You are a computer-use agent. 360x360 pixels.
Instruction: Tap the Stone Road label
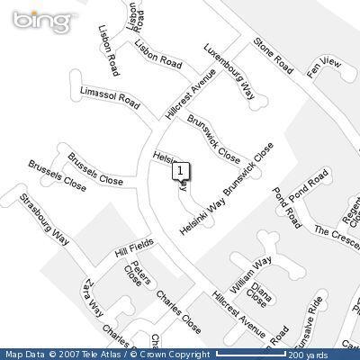pos(274,55)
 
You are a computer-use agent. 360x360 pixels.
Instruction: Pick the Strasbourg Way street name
pos(45,216)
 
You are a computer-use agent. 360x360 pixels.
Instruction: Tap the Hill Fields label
pos(134,249)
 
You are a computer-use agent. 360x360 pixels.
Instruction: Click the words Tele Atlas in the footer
pos(98,353)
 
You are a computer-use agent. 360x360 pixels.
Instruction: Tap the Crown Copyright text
pos(179,353)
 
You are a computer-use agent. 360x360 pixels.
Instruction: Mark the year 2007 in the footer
pos(67,353)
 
